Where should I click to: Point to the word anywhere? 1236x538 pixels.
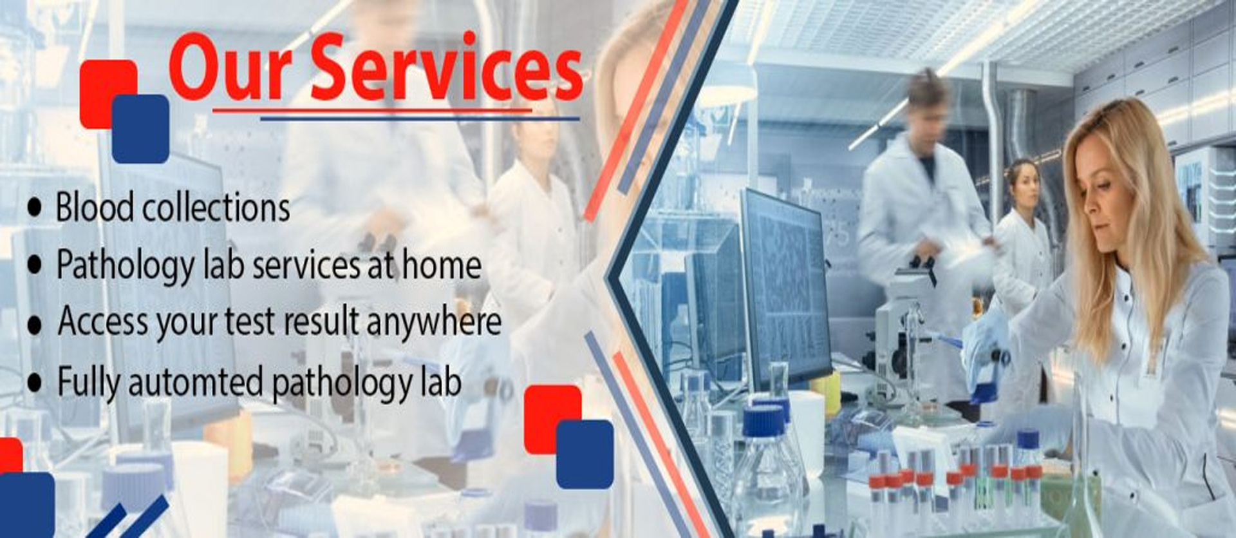point(433,321)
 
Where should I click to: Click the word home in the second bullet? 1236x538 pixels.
point(442,264)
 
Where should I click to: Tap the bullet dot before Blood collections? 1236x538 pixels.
point(35,208)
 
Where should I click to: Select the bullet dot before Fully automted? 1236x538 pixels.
point(35,383)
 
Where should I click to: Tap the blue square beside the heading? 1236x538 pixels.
point(140,129)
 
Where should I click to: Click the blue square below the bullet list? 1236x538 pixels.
point(585,454)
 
